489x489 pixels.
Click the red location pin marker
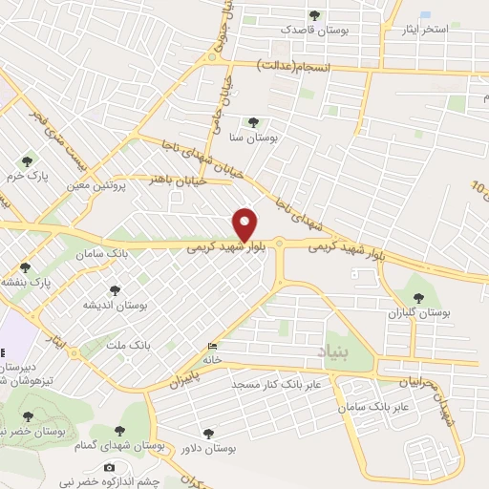pos(245,225)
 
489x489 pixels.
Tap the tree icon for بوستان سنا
pos(253,122)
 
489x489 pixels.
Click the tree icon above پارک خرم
pos(27,160)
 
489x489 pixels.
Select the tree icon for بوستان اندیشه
pos(115,289)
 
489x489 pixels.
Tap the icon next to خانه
pos(211,347)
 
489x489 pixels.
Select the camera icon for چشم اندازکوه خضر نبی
pos(109,467)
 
